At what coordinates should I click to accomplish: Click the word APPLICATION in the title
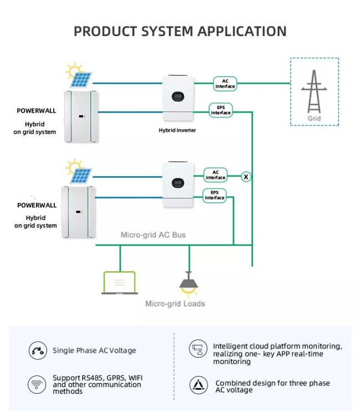click(241, 31)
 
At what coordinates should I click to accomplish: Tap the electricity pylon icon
click(314, 91)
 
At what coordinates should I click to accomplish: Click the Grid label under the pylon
click(314, 119)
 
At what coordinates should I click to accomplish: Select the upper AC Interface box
click(225, 84)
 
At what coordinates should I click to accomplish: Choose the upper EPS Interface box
click(221, 110)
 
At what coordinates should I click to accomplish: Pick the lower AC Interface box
click(215, 175)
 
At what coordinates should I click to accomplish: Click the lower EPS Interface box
click(214, 195)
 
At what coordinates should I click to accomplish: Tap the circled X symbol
click(246, 177)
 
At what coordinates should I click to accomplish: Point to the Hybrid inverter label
click(177, 130)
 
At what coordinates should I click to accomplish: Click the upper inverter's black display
click(178, 97)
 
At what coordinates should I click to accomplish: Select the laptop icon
click(120, 283)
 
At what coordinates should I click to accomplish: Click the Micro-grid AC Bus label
click(153, 235)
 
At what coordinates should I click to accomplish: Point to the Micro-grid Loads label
click(175, 304)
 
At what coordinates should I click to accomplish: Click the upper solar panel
click(81, 80)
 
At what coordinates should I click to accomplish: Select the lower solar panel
click(81, 176)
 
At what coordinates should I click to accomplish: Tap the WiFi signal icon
click(37, 384)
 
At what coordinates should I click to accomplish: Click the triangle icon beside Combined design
click(198, 385)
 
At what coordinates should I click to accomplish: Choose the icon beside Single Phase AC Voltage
click(38, 351)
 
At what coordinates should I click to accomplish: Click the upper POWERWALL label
click(37, 111)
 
